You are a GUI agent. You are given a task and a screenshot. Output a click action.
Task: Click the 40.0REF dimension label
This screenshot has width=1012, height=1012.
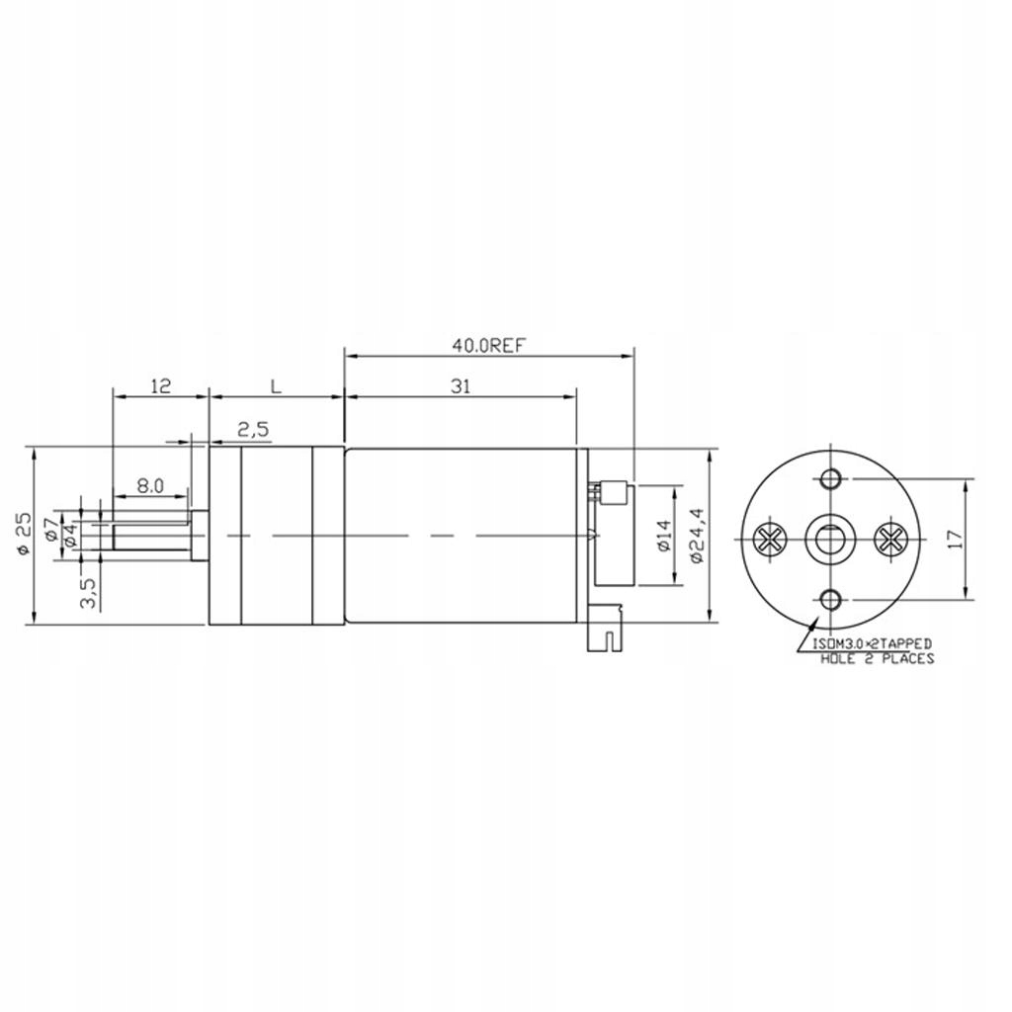point(488,346)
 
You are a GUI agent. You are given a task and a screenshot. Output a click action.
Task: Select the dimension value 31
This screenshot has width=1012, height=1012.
point(461,386)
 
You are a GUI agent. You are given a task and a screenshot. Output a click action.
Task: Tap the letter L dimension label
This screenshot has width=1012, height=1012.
point(276,387)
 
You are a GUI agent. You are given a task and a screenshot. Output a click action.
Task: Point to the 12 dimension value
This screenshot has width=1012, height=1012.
point(161,386)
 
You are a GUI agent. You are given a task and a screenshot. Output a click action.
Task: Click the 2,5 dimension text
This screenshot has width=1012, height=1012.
point(254,429)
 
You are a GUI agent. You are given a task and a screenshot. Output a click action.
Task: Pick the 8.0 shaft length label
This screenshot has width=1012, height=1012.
point(150,486)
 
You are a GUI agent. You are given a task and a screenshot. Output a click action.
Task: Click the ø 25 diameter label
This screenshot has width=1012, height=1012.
point(24,533)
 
